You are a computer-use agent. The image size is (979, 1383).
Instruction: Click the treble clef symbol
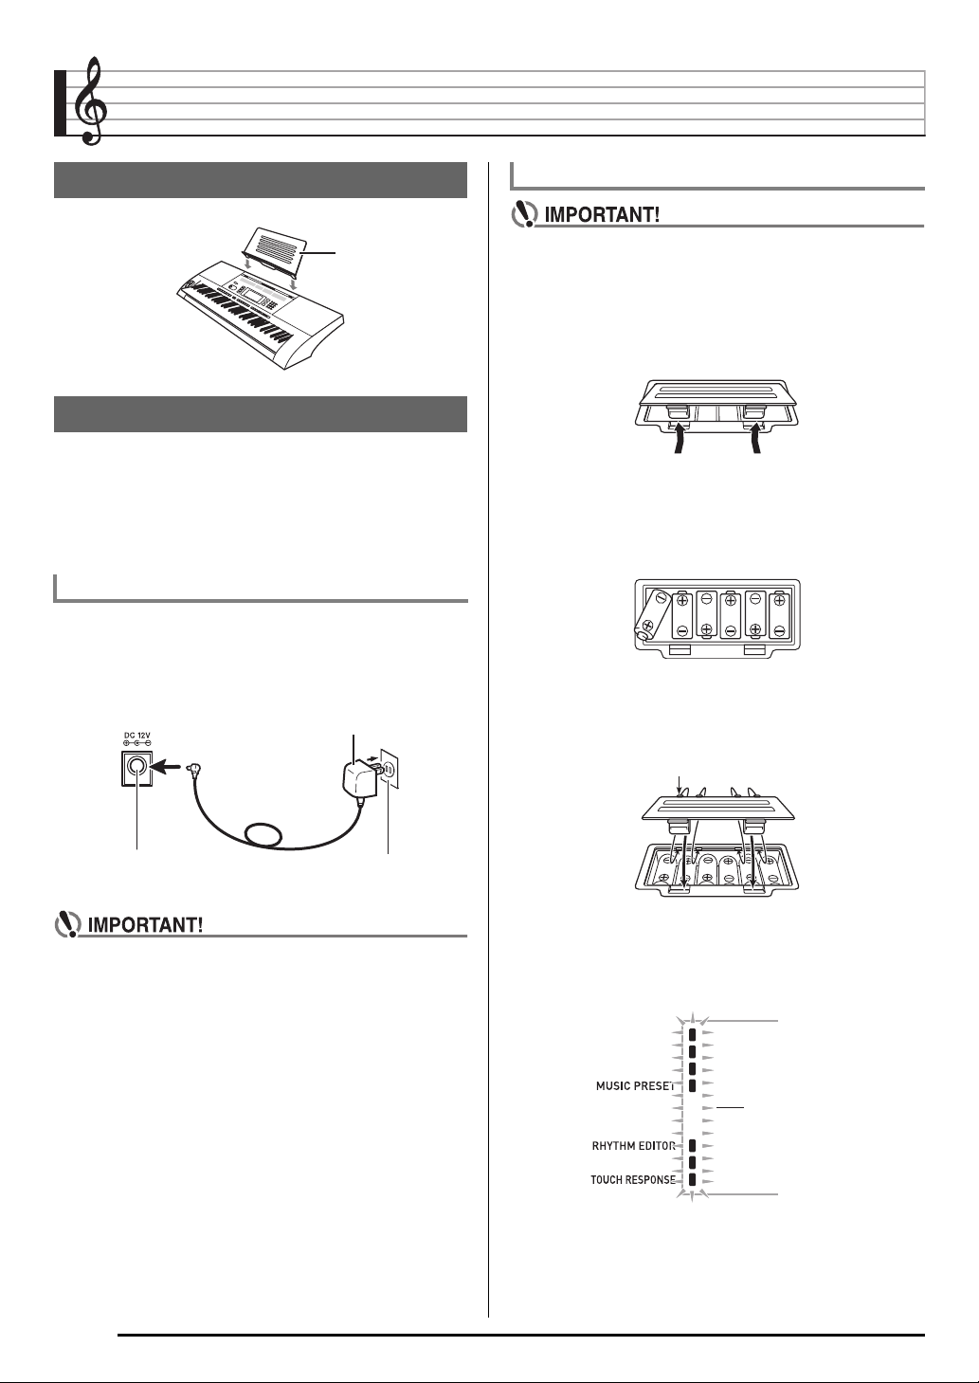pos(91,101)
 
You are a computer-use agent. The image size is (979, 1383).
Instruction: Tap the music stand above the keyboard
pos(274,249)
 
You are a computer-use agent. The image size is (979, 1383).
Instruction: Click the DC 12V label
pos(137,735)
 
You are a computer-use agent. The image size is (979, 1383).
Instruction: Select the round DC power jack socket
pos(137,767)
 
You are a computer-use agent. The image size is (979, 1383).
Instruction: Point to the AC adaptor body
pos(356,778)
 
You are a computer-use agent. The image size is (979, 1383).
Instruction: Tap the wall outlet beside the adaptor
pos(390,769)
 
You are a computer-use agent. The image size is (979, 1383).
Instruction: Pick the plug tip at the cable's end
pos(194,768)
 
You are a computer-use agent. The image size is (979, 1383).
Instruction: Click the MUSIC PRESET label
pos(635,1085)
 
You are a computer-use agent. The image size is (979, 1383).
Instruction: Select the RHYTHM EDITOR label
pos(633,1145)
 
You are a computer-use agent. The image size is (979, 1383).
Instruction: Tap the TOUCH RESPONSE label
pos(633,1179)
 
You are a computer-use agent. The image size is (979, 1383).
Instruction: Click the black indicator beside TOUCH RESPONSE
pos(693,1179)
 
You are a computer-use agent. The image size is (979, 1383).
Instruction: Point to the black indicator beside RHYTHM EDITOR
pos(693,1145)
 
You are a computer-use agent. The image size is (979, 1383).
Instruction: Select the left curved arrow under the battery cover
pos(678,436)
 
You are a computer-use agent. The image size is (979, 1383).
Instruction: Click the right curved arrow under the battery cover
pos(756,436)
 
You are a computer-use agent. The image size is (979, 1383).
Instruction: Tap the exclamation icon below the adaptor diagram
pos(68,925)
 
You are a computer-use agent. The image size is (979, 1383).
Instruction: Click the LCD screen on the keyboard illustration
pos(253,295)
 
